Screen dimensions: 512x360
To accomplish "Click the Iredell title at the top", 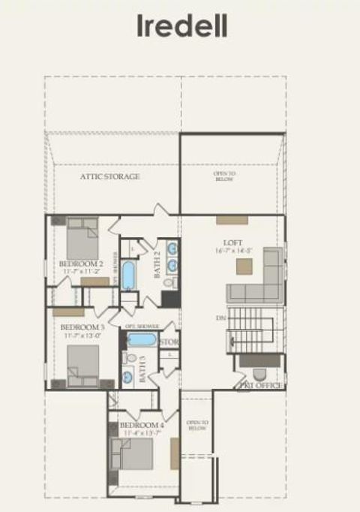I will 181,26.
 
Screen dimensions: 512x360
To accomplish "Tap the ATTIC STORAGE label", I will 110,176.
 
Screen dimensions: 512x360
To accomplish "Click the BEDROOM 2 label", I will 81,264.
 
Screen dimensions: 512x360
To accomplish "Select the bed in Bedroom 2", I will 82,238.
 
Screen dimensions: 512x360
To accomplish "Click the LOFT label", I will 232,242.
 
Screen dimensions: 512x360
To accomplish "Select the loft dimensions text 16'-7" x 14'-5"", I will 232,251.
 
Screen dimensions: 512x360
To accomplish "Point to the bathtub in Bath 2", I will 128,276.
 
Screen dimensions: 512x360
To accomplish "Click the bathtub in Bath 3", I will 142,339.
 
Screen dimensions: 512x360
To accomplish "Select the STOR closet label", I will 169,343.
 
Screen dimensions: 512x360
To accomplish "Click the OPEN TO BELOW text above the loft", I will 223,176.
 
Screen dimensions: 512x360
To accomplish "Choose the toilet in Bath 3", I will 129,358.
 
